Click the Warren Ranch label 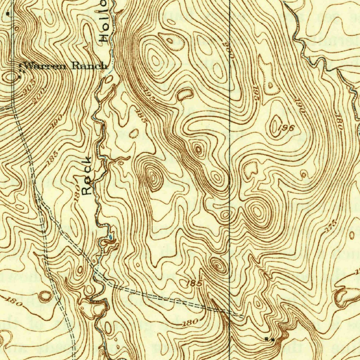point(65,65)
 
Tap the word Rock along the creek point(88,175)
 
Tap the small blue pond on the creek point(111,237)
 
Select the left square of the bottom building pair point(267,339)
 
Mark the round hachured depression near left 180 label point(45,296)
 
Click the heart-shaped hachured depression point(250,169)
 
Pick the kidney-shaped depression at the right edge point(346,296)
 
